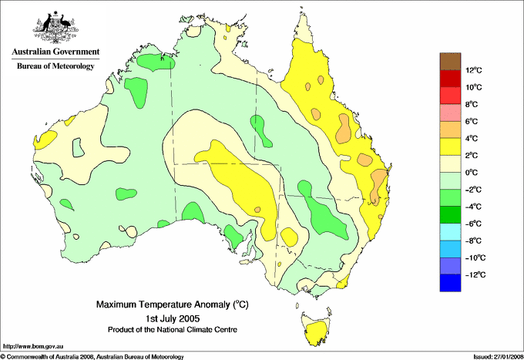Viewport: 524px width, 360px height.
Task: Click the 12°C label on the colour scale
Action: pyautogui.click(x=474, y=71)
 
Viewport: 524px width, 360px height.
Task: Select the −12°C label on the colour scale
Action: pyautogui.click(x=474, y=274)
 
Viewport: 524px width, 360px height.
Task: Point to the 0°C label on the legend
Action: pyautogui.click(x=474, y=173)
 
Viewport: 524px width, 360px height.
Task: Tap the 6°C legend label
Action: pyautogui.click(x=474, y=122)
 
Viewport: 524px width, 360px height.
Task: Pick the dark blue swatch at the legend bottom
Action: pyautogui.click(x=450, y=283)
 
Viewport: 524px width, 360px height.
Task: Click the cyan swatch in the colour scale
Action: pyautogui.click(x=450, y=232)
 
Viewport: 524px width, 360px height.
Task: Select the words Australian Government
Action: pyautogui.click(x=55, y=52)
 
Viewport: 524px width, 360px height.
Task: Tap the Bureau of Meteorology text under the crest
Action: pyautogui.click(x=55, y=66)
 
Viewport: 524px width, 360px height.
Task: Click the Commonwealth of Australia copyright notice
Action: pyautogui.click(x=92, y=356)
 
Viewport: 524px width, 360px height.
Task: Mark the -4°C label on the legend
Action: pyautogui.click(x=474, y=207)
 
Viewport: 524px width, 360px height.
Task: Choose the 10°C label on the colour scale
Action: pyautogui.click(x=474, y=88)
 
